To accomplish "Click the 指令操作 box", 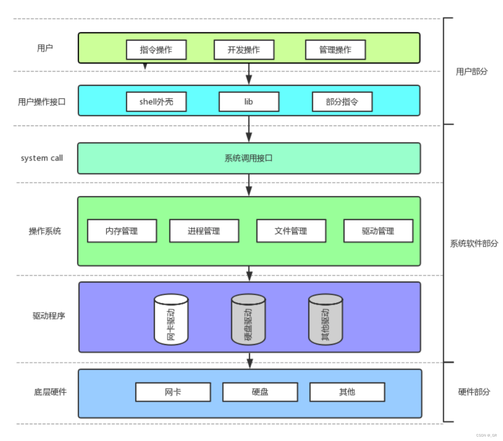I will pyautogui.click(x=156, y=50).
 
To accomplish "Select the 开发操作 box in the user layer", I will pyautogui.click(x=244, y=50).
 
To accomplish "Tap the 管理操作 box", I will pyautogui.click(x=335, y=50).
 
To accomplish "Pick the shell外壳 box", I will pyautogui.click(x=156, y=102).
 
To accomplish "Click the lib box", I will pyautogui.click(x=248, y=102).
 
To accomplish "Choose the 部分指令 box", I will pyautogui.click(x=342, y=102).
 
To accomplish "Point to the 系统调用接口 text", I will pyautogui.click(x=248, y=158).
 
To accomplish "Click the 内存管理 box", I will pyautogui.click(x=122, y=231).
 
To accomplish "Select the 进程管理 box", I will pyautogui.click(x=204, y=231).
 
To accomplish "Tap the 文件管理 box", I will pyautogui.click(x=291, y=231).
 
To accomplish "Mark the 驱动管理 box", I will pyautogui.click(x=378, y=231).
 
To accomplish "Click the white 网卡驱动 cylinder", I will pyautogui.click(x=171, y=319).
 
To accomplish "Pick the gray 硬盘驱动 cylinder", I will pyautogui.click(x=248, y=319).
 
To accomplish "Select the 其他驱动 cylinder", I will pyautogui.click(x=325, y=319).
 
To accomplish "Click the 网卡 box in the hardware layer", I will pyautogui.click(x=173, y=392).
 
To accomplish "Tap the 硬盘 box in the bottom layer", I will pyautogui.click(x=260, y=392).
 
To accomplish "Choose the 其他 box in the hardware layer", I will pyautogui.click(x=347, y=392).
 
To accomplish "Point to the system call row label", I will pyautogui.click(x=42, y=158).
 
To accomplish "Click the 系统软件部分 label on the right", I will pyautogui.click(x=474, y=244).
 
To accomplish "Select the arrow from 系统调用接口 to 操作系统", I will pyautogui.click(x=249, y=185).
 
